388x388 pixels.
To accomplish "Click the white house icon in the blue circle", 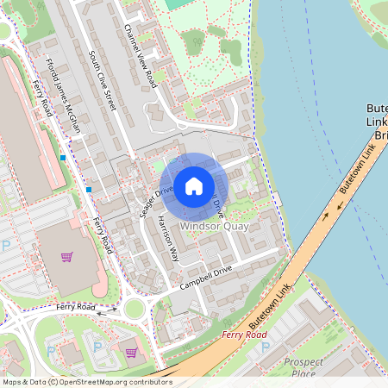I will pos(194,185).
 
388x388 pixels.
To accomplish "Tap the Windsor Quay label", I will pos(214,226).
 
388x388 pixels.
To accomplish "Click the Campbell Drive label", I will pos(207,278).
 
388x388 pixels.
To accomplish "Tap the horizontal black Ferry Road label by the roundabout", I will pos(75,307).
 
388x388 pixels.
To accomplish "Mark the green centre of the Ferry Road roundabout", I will pos(135,309).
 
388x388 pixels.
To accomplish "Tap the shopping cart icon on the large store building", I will pos(66,256).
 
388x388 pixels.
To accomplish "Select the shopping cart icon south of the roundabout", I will pos(130,352).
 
